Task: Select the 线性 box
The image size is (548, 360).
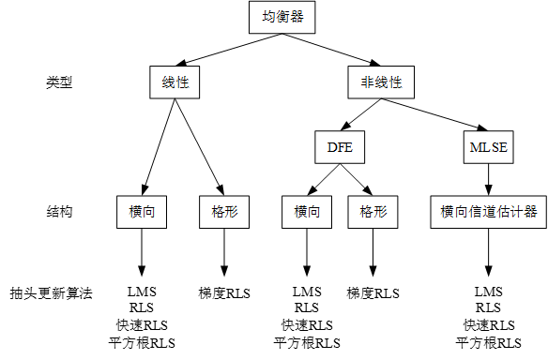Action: tap(175, 82)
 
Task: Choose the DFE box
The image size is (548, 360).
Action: tap(339, 146)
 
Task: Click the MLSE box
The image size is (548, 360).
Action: tap(488, 146)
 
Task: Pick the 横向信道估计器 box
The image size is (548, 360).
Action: tap(488, 212)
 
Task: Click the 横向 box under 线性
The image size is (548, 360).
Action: tap(142, 212)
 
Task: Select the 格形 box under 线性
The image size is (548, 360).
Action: tap(223, 212)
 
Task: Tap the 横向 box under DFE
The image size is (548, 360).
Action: tap(307, 212)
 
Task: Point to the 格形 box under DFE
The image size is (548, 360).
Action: tap(373, 212)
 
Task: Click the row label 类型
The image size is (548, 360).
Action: tap(59, 82)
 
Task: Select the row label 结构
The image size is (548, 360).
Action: tap(59, 212)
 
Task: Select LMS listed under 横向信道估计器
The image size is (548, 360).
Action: tap(488, 292)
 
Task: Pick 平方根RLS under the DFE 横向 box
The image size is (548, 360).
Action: tap(307, 342)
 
